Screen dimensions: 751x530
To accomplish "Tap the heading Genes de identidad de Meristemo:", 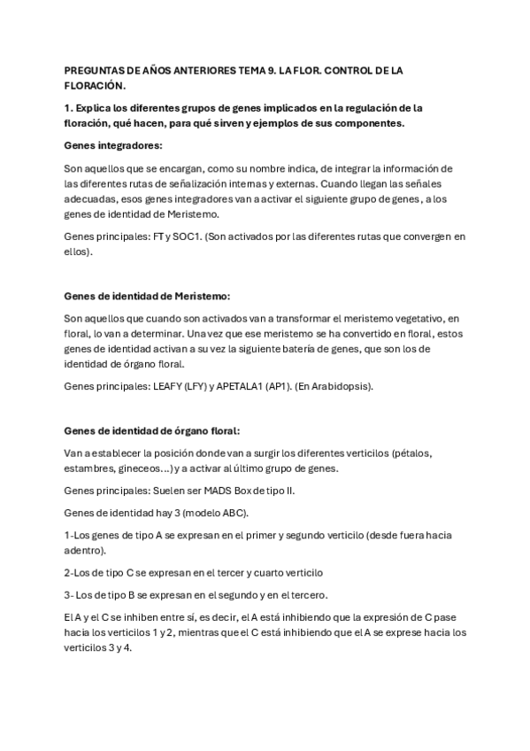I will pos(147,295).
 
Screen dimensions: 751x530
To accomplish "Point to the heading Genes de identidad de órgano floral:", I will pos(151,431).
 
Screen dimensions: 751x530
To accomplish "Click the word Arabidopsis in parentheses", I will pos(334,386).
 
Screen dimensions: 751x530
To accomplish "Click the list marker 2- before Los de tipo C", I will pos(71,572).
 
